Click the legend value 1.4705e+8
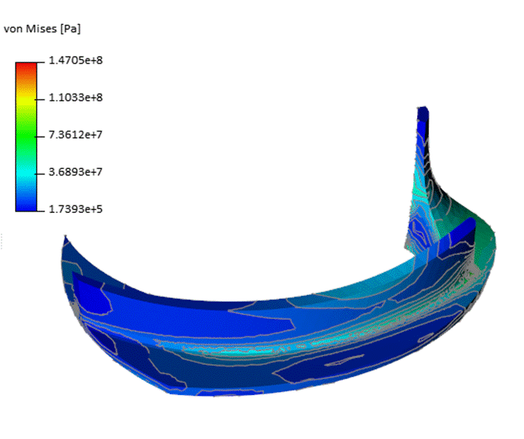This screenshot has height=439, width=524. click(x=75, y=61)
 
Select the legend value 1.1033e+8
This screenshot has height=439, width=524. click(x=75, y=98)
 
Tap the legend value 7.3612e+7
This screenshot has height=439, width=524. click(x=75, y=135)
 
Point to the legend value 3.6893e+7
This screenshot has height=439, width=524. click(x=75, y=172)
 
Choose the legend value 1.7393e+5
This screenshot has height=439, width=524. click(x=75, y=209)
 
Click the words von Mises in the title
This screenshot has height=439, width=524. click(x=31, y=28)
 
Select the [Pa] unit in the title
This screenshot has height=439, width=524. click(x=71, y=29)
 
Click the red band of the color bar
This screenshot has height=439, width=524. click(x=26, y=68)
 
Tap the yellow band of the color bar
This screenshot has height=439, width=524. click(x=26, y=98)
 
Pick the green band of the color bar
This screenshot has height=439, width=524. click(x=26, y=134)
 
